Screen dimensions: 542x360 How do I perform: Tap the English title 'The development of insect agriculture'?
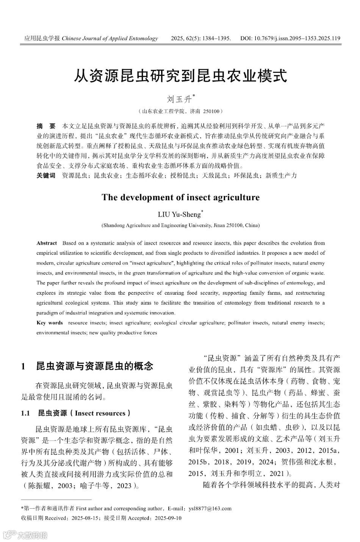pos(180,197)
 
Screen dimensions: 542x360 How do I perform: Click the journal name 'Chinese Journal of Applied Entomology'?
pos(110,38)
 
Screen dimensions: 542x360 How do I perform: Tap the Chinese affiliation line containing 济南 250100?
pos(180,112)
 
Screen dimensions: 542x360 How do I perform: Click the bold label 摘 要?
pos(46,126)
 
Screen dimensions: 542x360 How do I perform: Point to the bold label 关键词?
pos(46,175)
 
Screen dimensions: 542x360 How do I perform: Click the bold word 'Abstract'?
pos(47,243)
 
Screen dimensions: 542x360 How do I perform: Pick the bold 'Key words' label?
pos(50,323)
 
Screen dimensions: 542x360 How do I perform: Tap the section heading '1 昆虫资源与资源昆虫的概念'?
pos(87,366)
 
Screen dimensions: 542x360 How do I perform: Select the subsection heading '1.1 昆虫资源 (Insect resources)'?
pos(76,413)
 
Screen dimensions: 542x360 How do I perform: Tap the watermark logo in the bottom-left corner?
pos(25,535)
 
